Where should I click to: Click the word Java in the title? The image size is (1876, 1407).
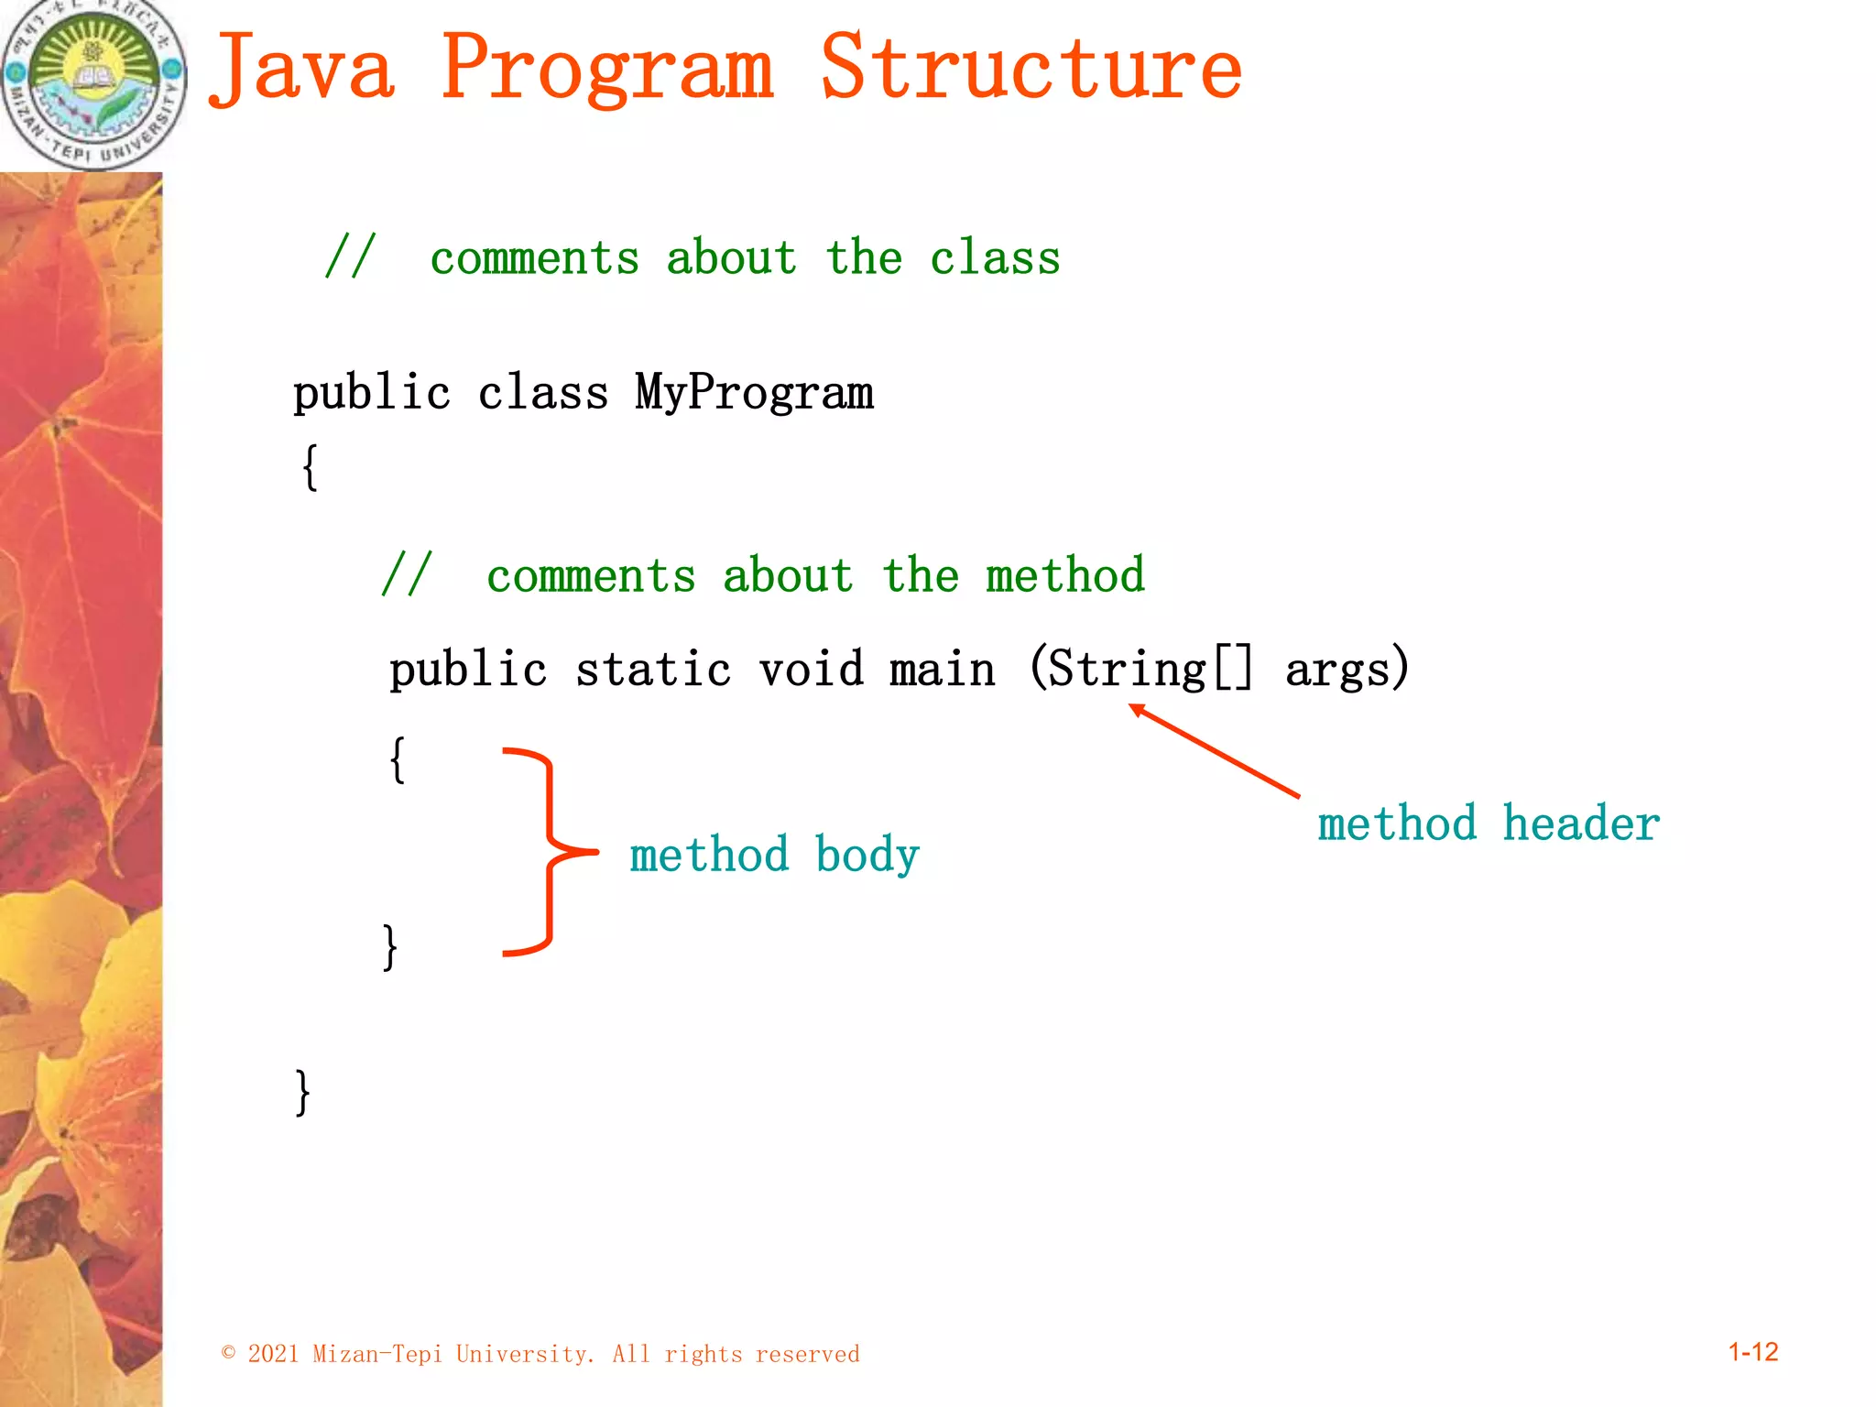click(302, 69)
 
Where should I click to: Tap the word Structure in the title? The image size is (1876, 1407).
click(1031, 69)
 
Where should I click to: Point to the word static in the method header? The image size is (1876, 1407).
click(653, 670)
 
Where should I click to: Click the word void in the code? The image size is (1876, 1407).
click(811, 670)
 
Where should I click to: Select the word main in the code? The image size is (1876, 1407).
click(942, 670)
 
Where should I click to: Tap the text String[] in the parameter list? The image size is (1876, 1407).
click(1149, 670)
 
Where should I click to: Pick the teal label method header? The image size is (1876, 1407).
click(1489, 823)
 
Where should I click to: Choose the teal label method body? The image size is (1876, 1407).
click(774, 855)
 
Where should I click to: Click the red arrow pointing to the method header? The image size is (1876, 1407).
click(1214, 750)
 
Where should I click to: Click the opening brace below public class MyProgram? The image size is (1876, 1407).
click(311, 467)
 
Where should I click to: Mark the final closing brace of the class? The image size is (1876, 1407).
click(302, 1092)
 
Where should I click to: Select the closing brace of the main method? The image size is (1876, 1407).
click(390, 946)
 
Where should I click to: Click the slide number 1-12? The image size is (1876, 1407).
click(1752, 1352)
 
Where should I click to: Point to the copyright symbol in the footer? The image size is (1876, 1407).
click(229, 1353)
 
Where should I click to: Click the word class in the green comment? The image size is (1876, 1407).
click(995, 258)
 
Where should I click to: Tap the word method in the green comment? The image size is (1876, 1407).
click(1064, 576)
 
